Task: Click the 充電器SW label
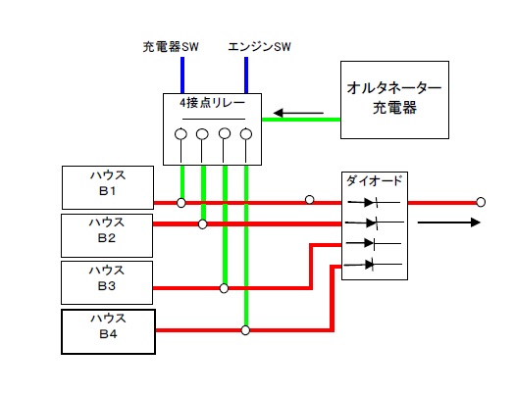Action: point(171,47)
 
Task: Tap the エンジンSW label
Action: point(260,47)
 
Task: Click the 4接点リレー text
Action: point(212,103)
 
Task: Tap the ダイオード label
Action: point(374,180)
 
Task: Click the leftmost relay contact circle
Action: point(180,134)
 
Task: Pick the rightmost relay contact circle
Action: point(246,134)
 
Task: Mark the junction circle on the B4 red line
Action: point(245,330)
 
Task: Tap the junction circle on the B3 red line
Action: point(224,288)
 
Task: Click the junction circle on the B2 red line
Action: point(203,224)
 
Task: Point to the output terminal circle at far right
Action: point(481,202)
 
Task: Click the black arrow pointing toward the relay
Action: point(298,113)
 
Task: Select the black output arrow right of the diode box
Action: point(448,223)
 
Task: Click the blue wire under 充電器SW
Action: point(182,75)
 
